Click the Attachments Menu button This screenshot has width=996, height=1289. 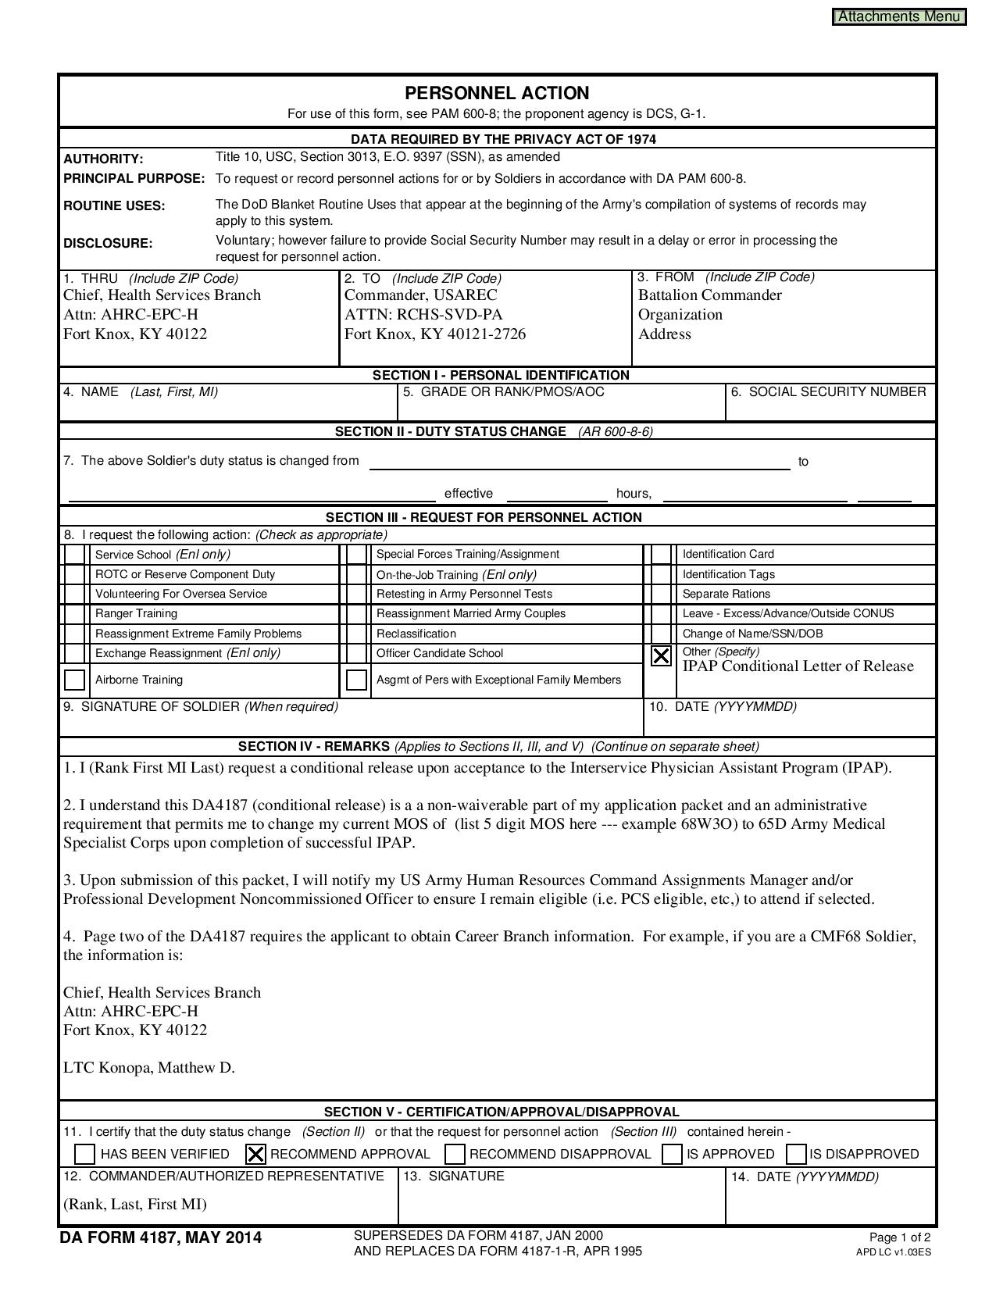(899, 16)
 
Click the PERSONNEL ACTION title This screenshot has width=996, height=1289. (497, 93)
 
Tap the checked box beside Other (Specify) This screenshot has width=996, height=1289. (661, 655)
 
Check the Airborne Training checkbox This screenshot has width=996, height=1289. (75, 680)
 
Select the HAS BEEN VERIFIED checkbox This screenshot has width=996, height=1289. (85, 1154)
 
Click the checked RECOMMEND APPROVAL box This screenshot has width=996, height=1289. (255, 1154)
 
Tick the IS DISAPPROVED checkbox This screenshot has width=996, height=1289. (797, 1154)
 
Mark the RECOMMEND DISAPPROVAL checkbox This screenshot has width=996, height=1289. (455, 1154)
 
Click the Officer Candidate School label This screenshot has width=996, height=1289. (440, 653)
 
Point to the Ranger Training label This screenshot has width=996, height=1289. (136, 613)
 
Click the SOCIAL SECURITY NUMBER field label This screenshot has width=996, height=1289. (829, 391)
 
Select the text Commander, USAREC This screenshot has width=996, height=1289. (421, 295)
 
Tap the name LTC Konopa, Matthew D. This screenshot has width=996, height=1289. (149, 1067)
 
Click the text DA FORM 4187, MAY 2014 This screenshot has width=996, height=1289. (161, 1237)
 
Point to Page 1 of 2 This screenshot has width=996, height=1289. (899, 1237)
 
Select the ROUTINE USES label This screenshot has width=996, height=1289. (114, 205)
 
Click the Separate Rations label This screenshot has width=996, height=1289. (726, 594)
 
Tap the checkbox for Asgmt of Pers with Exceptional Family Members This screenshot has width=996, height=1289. (357, 680)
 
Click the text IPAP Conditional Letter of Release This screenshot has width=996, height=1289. (798, 666)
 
